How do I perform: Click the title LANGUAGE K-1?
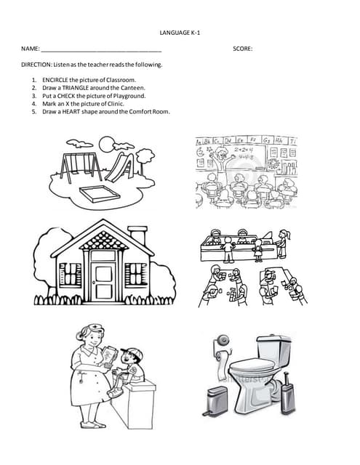tap(180, 33)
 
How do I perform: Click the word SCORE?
tap(242, 49)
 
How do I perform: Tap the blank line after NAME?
tap(101, 50)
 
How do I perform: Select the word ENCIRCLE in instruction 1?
tap(55, 78)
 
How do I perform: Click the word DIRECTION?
tap(37, 65)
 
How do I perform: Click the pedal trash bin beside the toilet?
tap(217, 400)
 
